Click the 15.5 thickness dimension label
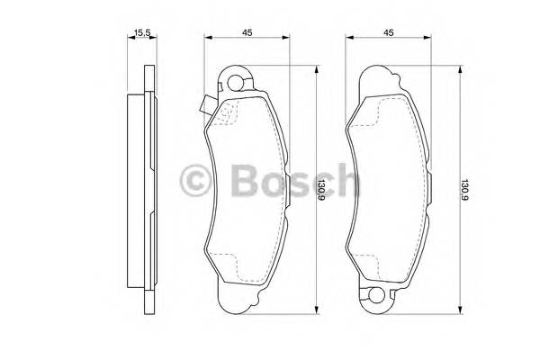[x=140, y=33]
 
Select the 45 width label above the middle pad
[x=246, y=33]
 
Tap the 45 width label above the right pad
[x=389, y=33]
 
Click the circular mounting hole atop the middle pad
[x=236, y=85]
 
